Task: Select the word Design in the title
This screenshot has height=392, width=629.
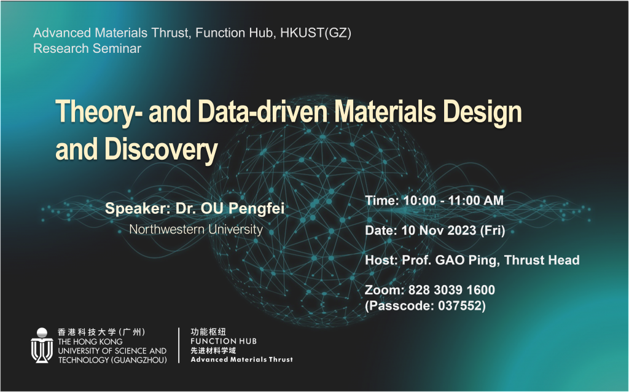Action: (482, 112)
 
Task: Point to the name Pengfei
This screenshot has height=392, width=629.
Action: (256, 209)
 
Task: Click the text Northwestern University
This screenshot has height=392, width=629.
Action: (196, 230)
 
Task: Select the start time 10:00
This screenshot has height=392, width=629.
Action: (419, 200)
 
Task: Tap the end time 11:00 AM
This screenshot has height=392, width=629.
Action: (475, 200)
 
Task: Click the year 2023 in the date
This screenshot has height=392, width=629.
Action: (461, 230)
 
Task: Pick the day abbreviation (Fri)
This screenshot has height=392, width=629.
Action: (493, 230)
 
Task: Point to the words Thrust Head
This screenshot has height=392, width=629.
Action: (542, 260)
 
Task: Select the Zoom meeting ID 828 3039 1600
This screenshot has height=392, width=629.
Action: (451, 290)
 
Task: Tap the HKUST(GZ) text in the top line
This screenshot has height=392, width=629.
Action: (316, 33)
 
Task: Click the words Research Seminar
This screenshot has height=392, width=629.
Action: (87, 49)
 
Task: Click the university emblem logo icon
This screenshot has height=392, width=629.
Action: (42, 345)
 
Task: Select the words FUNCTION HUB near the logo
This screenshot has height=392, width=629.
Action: (224, 341)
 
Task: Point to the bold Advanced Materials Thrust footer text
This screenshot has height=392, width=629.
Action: (241, 359)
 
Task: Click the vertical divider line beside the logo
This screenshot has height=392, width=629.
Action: (179, 345)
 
